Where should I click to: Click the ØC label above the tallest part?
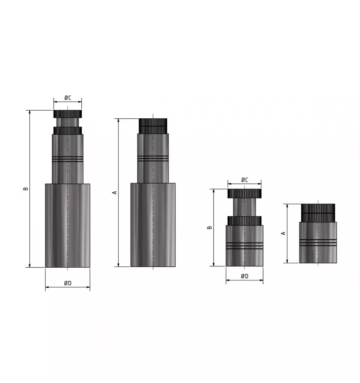[x=67, y=98]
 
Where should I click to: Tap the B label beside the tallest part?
[x=26, y=188]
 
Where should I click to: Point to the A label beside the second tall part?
[x=114, y=192]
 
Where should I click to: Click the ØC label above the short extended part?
[x=244, y=180]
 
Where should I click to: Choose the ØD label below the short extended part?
[x=244, y=276]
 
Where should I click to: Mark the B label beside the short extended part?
[x=209, y=227]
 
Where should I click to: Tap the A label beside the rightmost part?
[x=283, y=233]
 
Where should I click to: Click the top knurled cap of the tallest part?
[x=67, y=114]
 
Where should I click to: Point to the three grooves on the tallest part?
[x=67, y=159]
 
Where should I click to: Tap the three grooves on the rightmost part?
[x=317, y=243]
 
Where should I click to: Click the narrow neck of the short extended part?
[x=244, y=207]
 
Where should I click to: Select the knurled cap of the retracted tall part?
[x=153, y=126]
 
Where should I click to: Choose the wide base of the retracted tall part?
[x=153, y=225]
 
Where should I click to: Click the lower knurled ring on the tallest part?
[x=67, y=131]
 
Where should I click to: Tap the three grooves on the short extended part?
[x=244, y=246]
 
